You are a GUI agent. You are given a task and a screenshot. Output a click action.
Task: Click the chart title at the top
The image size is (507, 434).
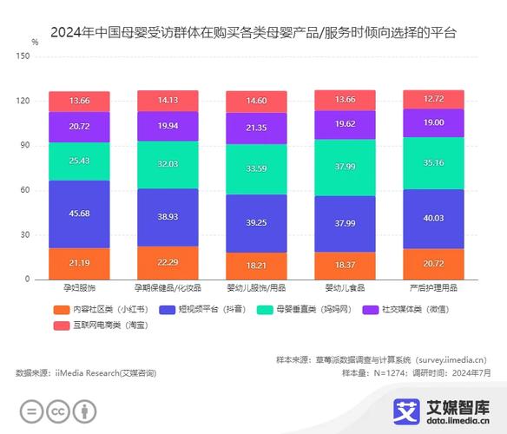pyautogui.click(x=253, y=33)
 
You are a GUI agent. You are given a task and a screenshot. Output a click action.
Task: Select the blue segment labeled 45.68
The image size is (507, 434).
pyautogui.click(x=79, y=214)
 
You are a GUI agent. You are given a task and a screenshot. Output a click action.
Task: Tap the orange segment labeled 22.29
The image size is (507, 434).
pyautogui.click(x=168, y=262)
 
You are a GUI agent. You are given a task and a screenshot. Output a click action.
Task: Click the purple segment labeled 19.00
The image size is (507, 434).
pyautogui.click(x=433, y=122)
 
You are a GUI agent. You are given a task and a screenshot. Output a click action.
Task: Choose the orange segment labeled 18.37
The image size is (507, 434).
pyautogui.click(x=345, y=265)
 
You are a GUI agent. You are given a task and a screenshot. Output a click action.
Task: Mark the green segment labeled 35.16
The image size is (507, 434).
pyautogui.click(x=433, y=161)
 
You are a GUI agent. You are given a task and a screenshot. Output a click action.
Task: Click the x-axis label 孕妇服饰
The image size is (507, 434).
pyautogui.click(x=79, y=288)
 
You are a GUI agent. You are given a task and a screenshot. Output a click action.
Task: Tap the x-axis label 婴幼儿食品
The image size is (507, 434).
pyautogui.click(x=345, y=288)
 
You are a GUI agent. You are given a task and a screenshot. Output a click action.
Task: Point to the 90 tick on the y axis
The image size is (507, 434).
pyautogui.click(x=25, y=145)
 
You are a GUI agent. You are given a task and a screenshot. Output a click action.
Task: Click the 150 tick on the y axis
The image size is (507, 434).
pyautogui.click(x=23, y=56)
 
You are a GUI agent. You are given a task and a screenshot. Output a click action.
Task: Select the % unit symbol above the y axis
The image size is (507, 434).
pyautogui.click(x=34, y=41)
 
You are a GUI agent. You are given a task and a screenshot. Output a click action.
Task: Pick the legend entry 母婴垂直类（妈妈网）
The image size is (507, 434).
pyautogui.click(x=305, y=309)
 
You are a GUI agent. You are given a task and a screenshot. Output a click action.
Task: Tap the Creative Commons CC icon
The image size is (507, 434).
pyautogui.click(x=58, y=411)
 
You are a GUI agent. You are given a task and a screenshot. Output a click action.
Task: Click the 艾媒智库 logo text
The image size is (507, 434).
pyautogui.click(x=457, y=405)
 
